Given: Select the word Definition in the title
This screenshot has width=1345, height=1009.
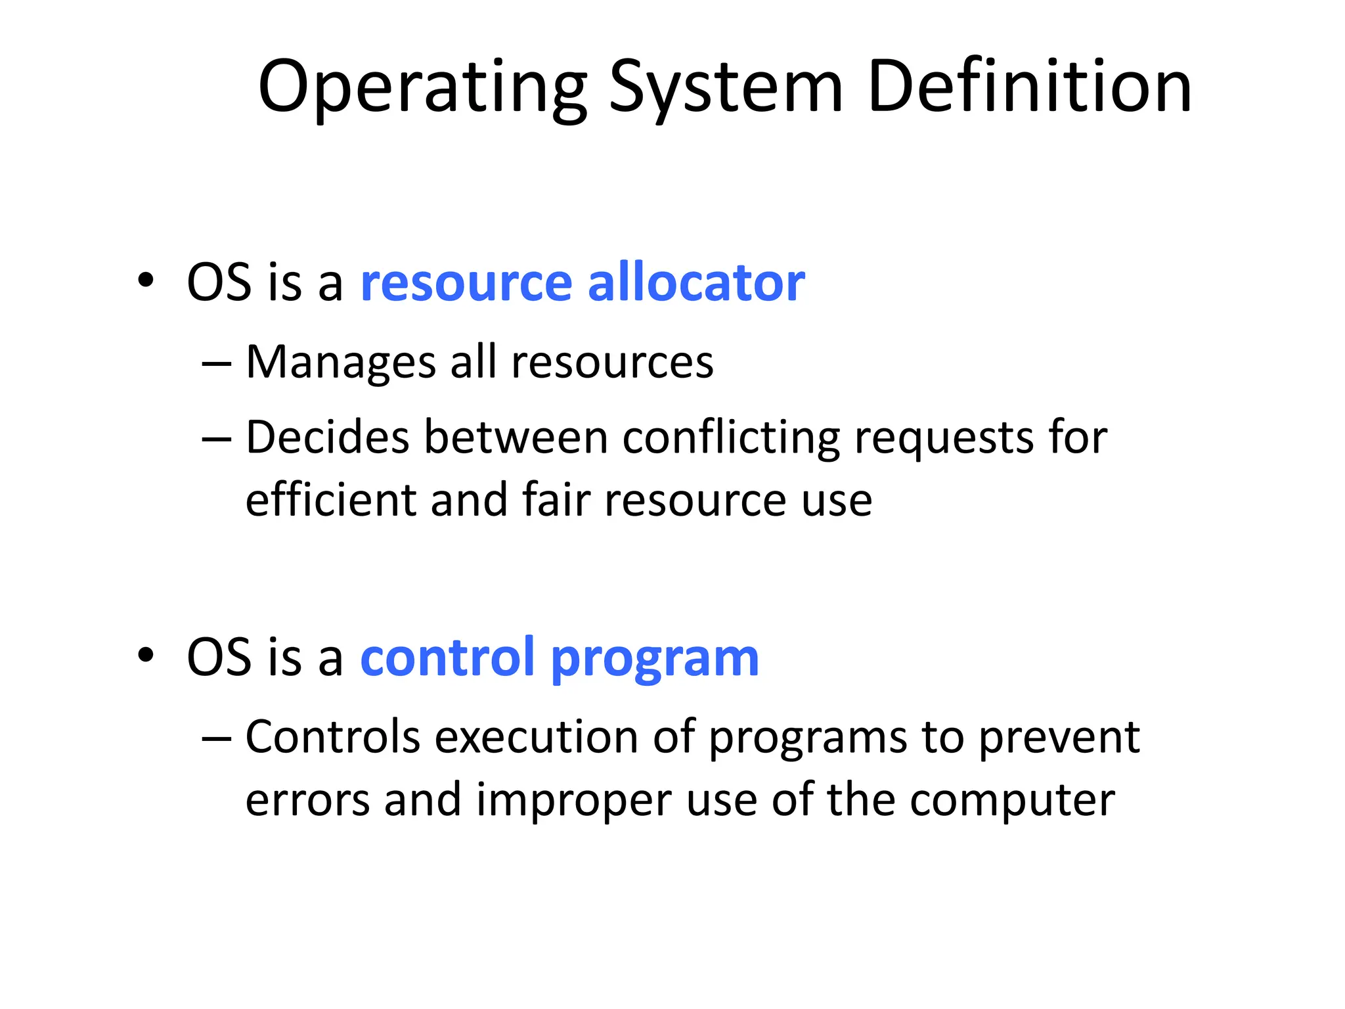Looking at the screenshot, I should tap(1029, 87).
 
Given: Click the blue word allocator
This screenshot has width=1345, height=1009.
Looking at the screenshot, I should tap(696, 282).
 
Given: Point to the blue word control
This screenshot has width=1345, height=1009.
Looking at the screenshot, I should tap(447, 657).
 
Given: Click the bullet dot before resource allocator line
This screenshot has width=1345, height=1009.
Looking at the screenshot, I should tap(146, 281).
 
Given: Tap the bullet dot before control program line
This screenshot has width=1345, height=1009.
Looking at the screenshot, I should tap(146, 656).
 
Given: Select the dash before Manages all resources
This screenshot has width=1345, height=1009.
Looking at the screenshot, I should tap(217, 363).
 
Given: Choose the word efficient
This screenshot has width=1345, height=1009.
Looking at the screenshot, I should tap(331, 500).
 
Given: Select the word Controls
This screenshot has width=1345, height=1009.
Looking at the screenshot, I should tap(332, 737).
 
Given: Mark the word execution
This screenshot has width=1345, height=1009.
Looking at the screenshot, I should tap(536, 737).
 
